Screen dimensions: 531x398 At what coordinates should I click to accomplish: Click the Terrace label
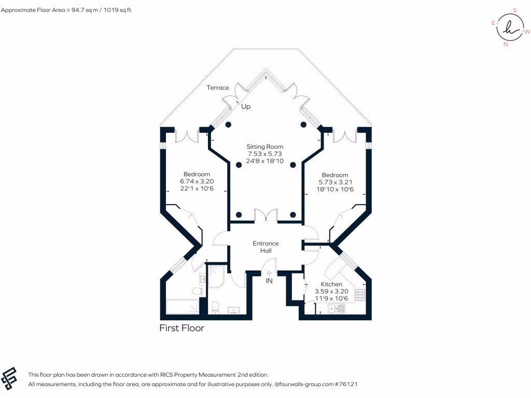coord(218,88)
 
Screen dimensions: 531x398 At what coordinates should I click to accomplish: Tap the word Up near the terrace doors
coord(246,107)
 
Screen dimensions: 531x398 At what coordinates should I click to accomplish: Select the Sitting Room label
coord(265,147)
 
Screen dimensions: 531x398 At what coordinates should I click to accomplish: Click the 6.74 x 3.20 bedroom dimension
coord(197,181)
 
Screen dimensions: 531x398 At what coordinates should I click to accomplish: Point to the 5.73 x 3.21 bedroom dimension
coord(336,182)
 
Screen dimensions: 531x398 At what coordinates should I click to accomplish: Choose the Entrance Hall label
coord(266,247)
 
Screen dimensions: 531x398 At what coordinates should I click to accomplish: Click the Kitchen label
coord(331,285)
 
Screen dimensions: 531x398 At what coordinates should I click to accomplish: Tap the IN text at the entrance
coord(269,280)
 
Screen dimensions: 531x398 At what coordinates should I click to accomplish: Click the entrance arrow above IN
coord(269,273)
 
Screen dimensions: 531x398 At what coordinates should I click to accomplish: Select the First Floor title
coord(182,328)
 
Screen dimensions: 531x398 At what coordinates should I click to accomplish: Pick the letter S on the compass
coord(515,10)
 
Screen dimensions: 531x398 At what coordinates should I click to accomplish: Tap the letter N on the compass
coord(506,44)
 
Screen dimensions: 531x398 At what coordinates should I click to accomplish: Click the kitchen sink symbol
coord(336,308)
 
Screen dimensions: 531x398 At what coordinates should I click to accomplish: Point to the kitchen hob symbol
coord(360,295)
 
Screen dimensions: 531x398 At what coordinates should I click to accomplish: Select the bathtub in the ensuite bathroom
coord(182,307)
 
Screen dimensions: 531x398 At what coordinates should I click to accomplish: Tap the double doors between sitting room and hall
coord(266,216)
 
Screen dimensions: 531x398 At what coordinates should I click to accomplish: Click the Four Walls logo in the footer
coord(9,378)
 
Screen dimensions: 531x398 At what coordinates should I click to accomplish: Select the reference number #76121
coord(346,384)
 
